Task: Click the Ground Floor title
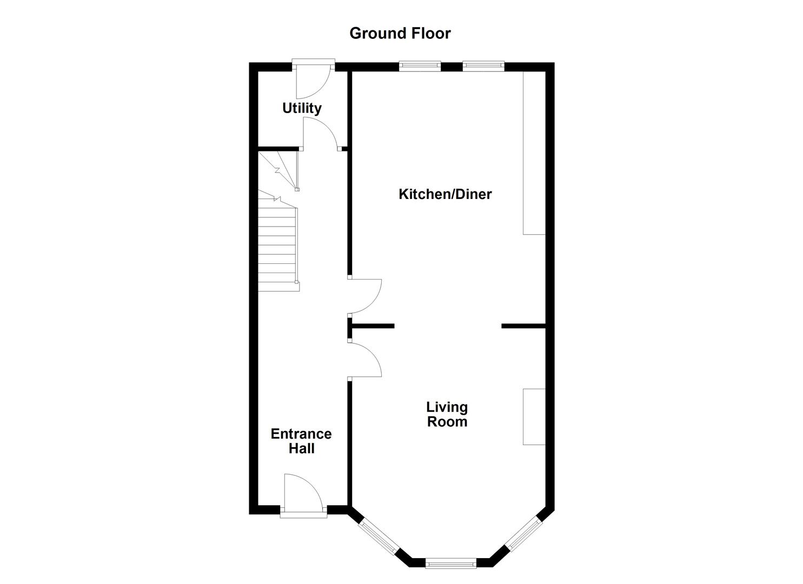pyautogui.click(x=400, y=34)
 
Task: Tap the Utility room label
pyautogui.click(x=302, y=108)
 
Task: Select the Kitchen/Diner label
pyautogui.click(x=445, y=194)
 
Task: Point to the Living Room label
pyautogui.click(x=447, y=414)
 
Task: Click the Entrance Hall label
pyautogui.click(x=301, y=441)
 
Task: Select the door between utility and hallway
pyautogui.click(x=321, y=134)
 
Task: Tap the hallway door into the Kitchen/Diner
pyautogui.click(x=366, y=296)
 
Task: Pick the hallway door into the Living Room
pyautogui.click(x=366, y=359)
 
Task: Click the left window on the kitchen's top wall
pyautogui.click(x=420, y=66)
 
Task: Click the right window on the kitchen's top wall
pyautogui.click(x=483, y=66)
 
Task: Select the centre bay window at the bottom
pyautogui.click(x=451, y=563)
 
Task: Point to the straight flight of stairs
pyautogui.click(x=277, y=246)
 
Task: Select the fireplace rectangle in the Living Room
pyautogui.click(x=534, y=416)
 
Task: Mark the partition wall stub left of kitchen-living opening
pyautogui.click(x=372, y=326)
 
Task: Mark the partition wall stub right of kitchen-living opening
pyautogui.click(x=523, y=326)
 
